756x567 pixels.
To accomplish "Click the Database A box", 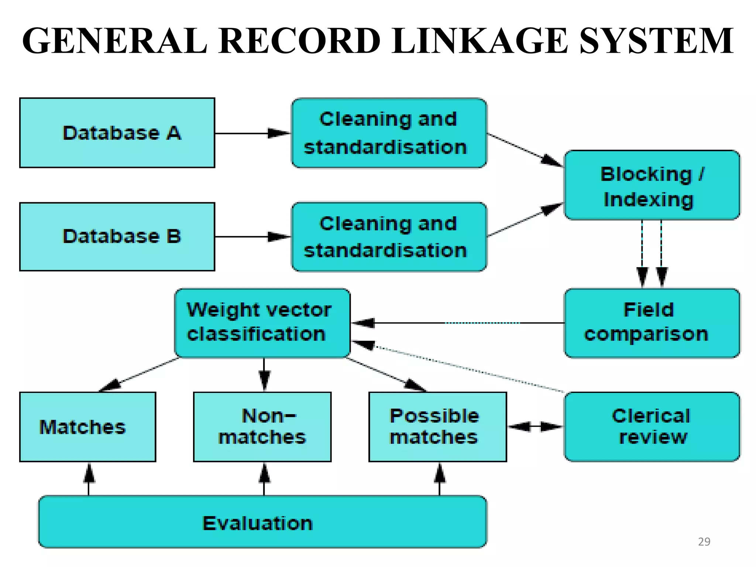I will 117,133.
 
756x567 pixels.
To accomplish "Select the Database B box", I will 117,237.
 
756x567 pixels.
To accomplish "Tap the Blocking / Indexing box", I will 652,185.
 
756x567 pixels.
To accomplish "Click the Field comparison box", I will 652,323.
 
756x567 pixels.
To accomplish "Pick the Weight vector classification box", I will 262,323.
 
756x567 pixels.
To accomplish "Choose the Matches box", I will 87,427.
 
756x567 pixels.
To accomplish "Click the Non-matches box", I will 262,427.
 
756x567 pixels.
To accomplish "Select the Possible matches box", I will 437,427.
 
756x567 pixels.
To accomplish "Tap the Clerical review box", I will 652,427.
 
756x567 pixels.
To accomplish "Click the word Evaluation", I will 258,523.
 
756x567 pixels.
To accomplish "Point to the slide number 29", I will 704,542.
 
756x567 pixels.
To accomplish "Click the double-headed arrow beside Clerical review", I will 535,427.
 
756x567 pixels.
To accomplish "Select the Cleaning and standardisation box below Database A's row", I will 389,237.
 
